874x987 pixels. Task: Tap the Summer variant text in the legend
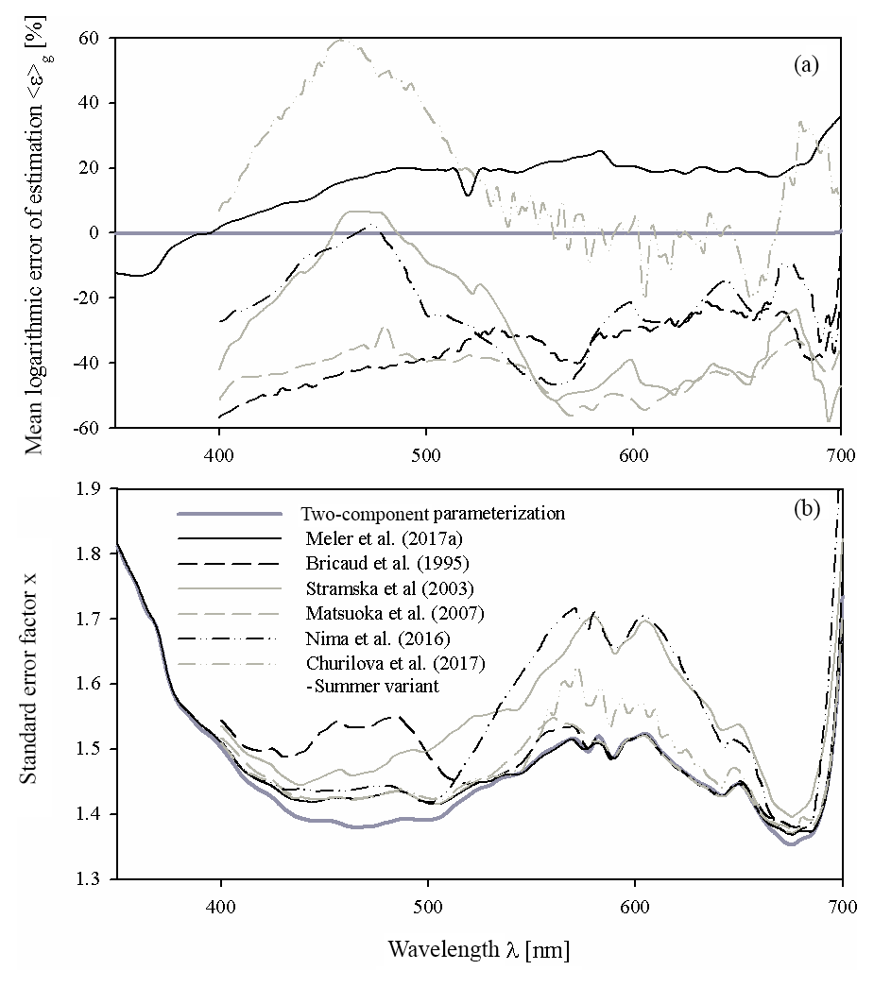[370, 687]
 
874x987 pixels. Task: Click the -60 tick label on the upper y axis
[88, 428]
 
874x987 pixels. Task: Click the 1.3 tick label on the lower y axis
[90, 879]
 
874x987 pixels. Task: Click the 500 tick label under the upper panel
[426, 451]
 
